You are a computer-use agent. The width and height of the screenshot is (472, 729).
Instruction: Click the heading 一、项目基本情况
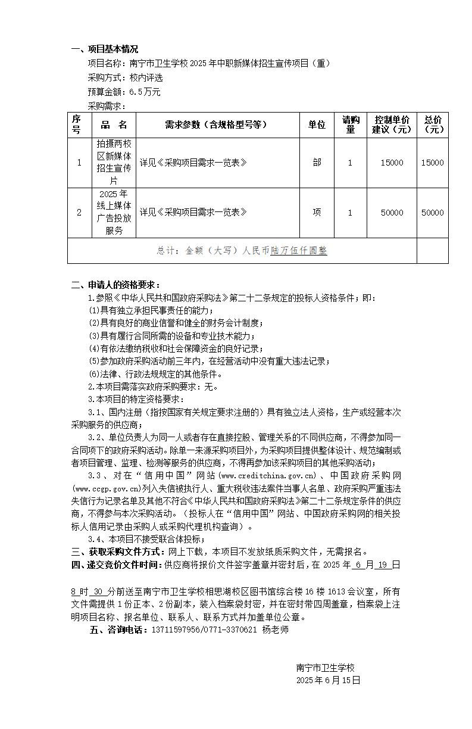tap(105, 49)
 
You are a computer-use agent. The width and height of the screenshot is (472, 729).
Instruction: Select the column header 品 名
tap(114, 125)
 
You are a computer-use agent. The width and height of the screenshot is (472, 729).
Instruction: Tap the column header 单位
tap(317, 125)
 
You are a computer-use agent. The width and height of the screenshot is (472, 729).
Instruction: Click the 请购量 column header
tap(350, 125)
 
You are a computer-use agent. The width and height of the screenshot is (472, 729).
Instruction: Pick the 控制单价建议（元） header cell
tap(391, 125)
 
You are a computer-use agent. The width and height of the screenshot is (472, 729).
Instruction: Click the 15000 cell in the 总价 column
tap(432, 163)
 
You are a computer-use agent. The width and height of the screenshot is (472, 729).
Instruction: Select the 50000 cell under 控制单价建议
tap(391, 213)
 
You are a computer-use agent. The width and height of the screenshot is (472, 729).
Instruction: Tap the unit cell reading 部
tap(317, 163)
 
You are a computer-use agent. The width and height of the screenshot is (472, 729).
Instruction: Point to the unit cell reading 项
tap(317, 213)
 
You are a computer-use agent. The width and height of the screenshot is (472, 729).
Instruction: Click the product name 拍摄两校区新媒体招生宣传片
tap(114, 163)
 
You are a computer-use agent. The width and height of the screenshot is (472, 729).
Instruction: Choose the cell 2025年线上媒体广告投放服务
tap(114, 213)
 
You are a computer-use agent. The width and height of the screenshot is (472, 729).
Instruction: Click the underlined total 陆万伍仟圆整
tap(299, 251)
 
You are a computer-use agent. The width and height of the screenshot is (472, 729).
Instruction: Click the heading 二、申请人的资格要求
tap(115, 285)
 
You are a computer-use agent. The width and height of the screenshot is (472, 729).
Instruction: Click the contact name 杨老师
tap(275, 630)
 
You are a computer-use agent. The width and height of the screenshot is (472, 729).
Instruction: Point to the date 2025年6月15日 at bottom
tap(328, 680)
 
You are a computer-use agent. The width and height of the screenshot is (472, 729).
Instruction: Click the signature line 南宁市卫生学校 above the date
tap(325, 668)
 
